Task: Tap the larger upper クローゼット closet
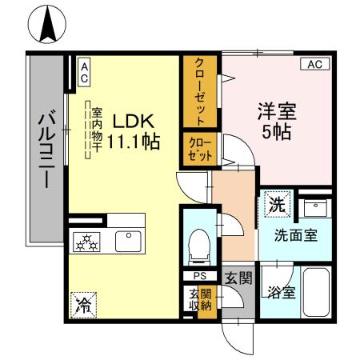201,90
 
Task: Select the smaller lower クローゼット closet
198,150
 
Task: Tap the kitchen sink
127,241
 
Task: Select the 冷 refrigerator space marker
83,302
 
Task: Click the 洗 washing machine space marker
276,203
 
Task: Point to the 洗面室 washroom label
297,235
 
